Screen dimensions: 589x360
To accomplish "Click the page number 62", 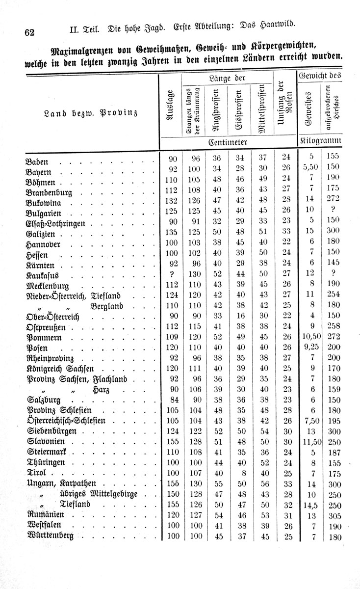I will pyautogui.click(x=28, y=32).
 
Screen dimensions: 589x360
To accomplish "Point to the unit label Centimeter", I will pyautogui.click(x=227, y=141).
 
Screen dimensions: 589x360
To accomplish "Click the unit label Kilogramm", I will pyautogui.click(x=319, y=141).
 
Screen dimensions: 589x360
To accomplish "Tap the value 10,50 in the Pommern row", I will pyautogui.click(x=309, y=337).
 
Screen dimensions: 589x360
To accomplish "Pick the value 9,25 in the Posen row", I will pyautogui.click(x=309, y=348).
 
